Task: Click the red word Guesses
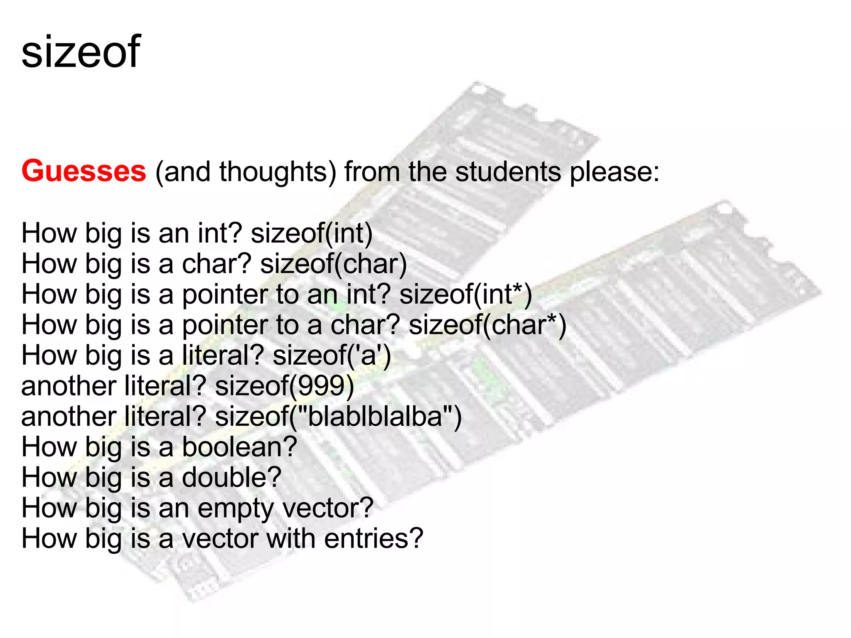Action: (84, 171)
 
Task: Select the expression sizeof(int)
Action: (312, 233)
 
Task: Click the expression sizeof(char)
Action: (333, 264)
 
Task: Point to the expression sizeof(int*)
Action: (465, 294)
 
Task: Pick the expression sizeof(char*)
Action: (487, 325)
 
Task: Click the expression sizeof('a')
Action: (332, 356)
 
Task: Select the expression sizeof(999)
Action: (284, 386)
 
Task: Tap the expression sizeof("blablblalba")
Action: (338, 417)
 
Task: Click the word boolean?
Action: (240, 447)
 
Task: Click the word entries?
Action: (373, 539)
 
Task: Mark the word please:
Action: (614, 171)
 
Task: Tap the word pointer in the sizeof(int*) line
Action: (224, 294)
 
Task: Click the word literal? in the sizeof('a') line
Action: (223, 356)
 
